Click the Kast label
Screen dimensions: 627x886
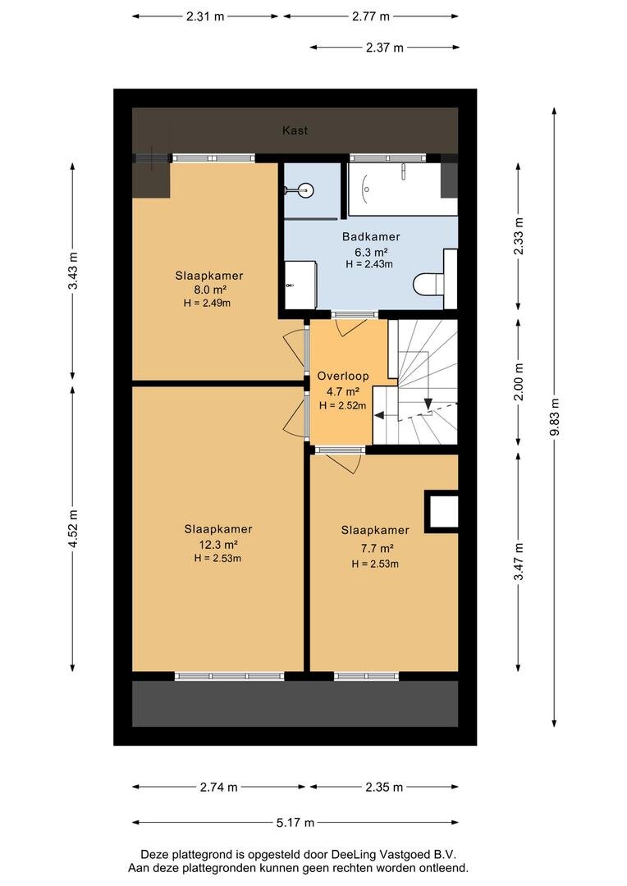tap(295, 130)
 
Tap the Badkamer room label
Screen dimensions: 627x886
tap(371, 237)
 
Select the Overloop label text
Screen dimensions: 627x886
tap(342, 376)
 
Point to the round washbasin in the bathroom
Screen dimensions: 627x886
tap(304, 190)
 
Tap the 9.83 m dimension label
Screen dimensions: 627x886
tap(555, 417)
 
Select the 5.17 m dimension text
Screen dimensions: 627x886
tap(295, 822)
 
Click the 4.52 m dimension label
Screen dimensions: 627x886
tap(73, 528)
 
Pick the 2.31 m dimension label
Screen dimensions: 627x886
tap(205, 16)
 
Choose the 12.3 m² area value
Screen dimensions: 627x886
tap(217, 545)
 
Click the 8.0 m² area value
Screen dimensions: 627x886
tap(209, 290)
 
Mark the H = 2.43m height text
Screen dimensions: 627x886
tap(369, 264)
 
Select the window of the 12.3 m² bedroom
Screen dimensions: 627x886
tap(229, 676)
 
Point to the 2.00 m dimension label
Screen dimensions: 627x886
tap(519, 381)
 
